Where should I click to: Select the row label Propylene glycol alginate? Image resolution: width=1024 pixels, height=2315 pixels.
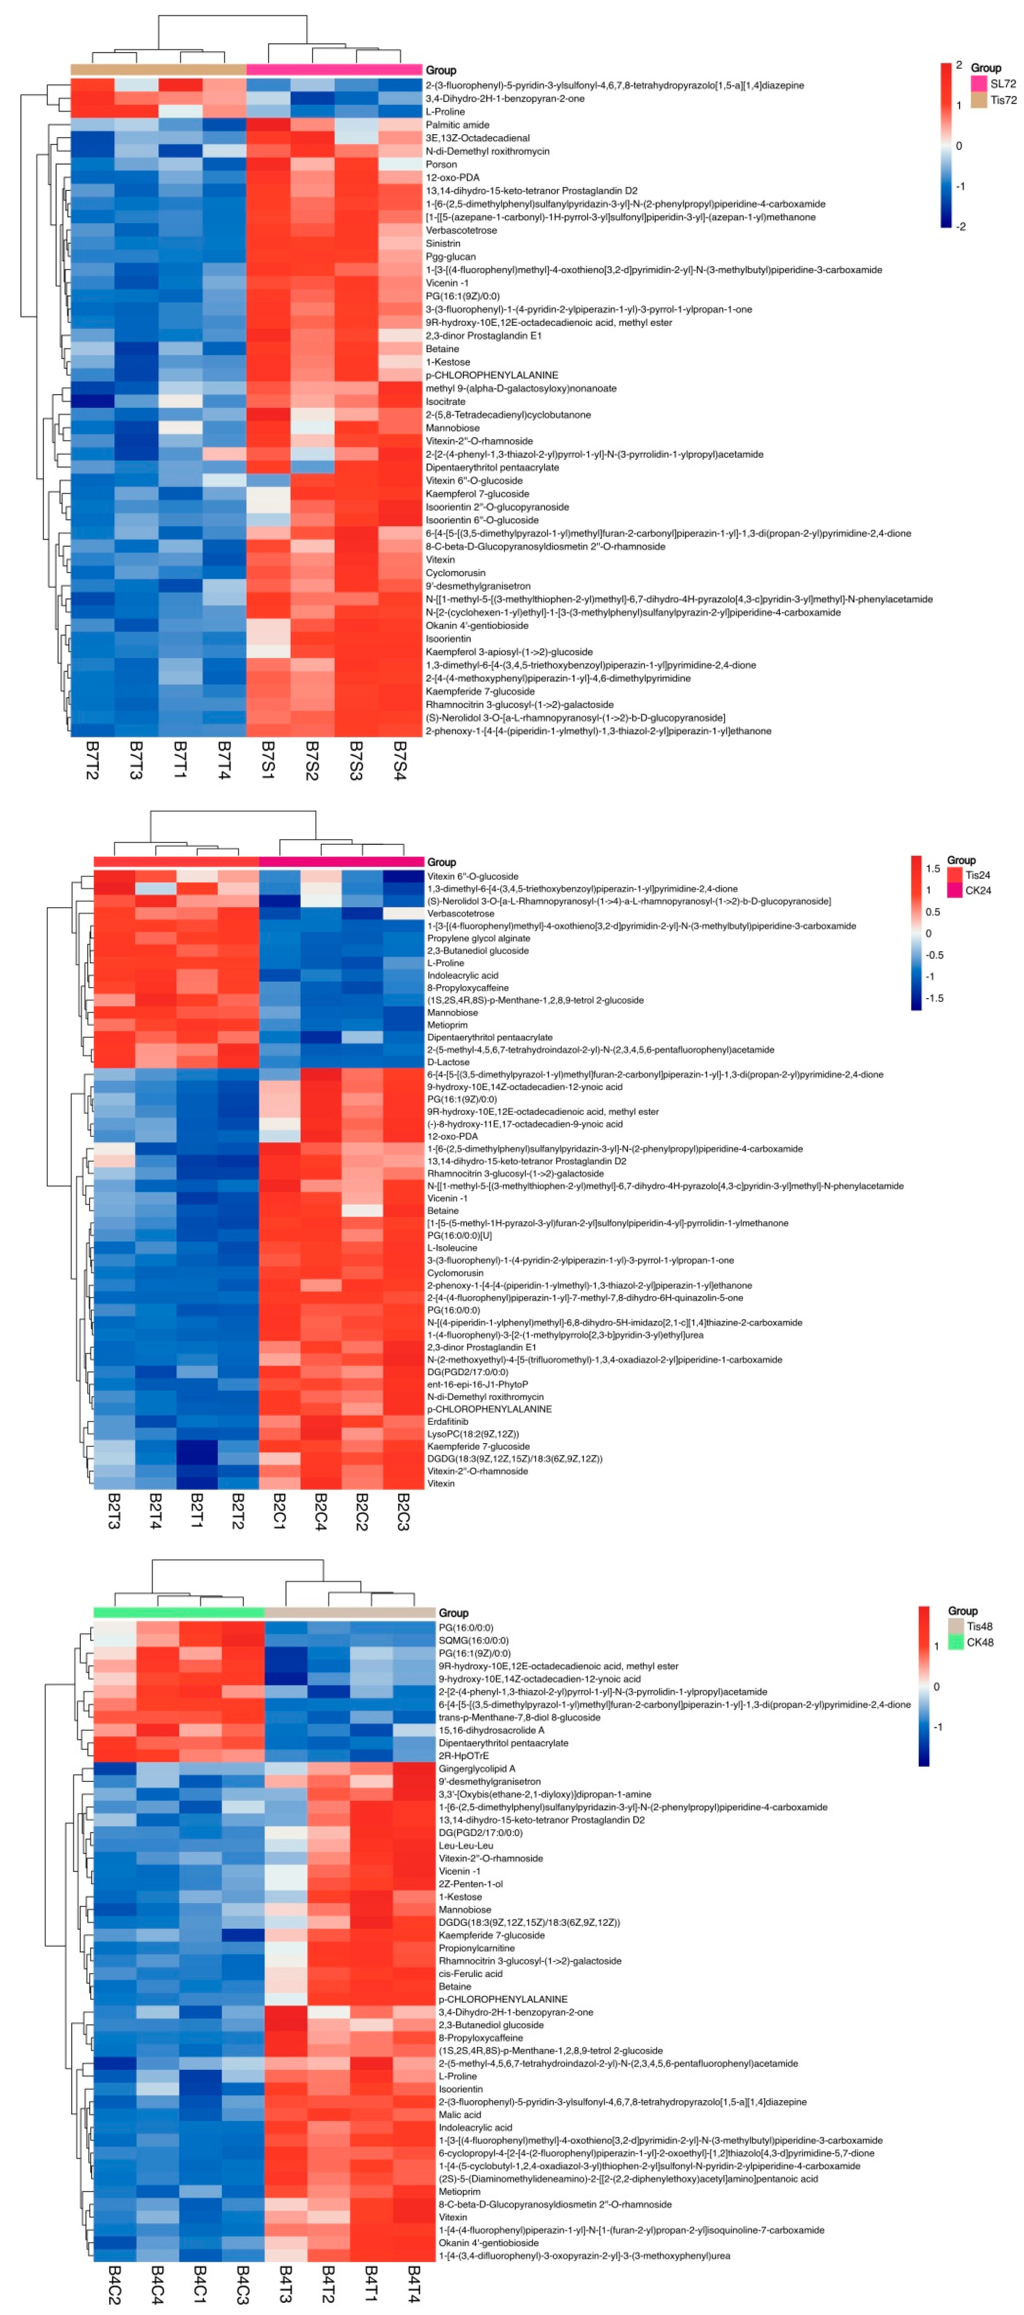click(x=478, y=938)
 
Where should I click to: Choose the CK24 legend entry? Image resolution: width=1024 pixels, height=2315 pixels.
click(x=978, y=891)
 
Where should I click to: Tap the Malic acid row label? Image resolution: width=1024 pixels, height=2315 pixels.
click(x=459, y=2115)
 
